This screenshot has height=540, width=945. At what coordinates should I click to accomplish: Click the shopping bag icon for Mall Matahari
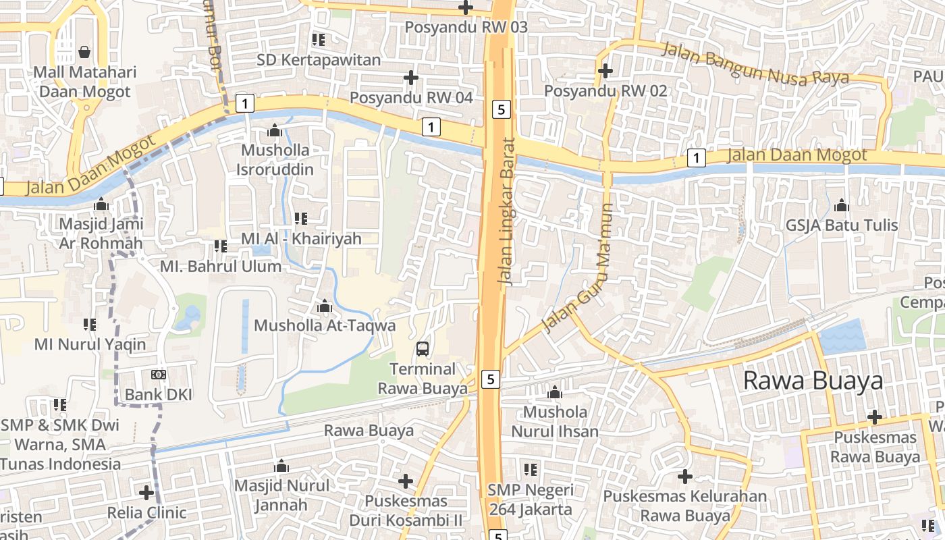[x=84, y=52]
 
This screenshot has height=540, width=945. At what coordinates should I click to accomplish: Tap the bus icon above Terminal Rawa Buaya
[x=423, y=349]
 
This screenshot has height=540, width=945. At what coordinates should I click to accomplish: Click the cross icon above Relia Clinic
[x=146, y=492]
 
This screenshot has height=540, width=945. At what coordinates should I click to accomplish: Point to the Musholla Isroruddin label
[x=275, y=159]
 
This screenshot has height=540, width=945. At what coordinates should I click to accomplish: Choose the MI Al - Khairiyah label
[x=301, y=238]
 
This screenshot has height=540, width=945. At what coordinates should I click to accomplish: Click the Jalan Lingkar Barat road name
[x=506, y=212]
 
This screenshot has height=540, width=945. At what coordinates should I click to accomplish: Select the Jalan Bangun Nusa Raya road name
[x=755, y=64]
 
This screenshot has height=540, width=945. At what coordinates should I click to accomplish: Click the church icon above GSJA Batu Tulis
[x=842, y=205]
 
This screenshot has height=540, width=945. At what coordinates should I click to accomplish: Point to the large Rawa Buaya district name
[x=813, y=381]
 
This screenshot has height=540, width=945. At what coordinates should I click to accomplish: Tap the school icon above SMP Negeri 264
[x=531, y=469]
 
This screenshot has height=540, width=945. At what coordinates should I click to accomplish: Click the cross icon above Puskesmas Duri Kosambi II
[x=405, y=481]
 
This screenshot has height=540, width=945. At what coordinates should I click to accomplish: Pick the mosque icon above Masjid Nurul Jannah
[x=281, y=466]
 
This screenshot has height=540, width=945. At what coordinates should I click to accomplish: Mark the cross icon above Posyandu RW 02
[x=605, y=70]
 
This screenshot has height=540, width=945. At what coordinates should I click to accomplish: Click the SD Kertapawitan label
[x=319, y=60]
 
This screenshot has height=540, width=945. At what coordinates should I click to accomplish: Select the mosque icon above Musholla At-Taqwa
[x=325, y=306]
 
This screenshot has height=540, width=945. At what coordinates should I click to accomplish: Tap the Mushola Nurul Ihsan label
[x=555, y=421]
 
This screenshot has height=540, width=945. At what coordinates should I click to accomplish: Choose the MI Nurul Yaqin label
[x=90, y=344]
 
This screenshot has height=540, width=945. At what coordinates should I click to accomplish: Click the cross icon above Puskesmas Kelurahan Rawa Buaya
[x=685, y=477]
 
